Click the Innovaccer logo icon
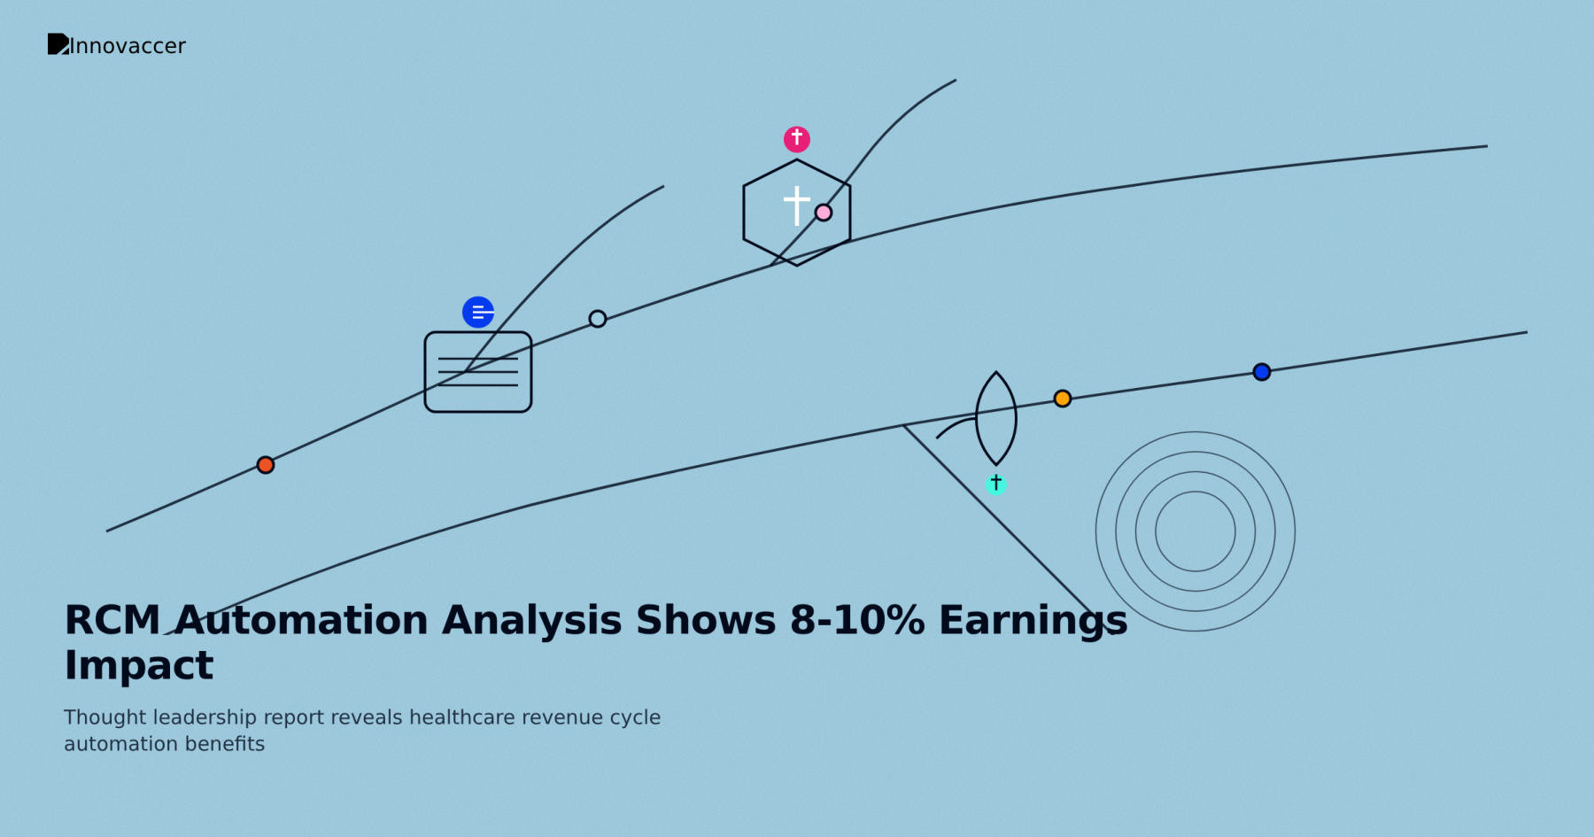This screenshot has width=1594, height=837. pos(58,44)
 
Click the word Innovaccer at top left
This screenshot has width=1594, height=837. pos(128,46)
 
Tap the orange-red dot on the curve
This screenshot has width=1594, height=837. pos(266,465)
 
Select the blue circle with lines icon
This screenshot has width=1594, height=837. pos(478,312)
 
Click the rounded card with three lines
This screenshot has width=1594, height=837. pos(478,372)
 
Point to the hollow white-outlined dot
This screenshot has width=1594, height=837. pos(598,319)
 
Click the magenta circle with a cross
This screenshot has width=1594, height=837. pos(797,139)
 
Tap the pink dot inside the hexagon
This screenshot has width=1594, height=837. pos(824,213)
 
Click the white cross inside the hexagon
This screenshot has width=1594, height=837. pos(797,205)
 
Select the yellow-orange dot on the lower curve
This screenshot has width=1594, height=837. pos(1063,399)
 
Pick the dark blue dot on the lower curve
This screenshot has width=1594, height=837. pos(1262,372)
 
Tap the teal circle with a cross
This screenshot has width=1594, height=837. pos(996,484)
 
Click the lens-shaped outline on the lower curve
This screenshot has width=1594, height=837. pos(996,418)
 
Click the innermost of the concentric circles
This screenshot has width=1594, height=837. pos(1195,531)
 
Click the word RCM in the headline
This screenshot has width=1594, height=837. pos(112,620)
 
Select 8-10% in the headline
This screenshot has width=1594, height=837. pos(857,620)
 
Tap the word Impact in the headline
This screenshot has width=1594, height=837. pos(139,665)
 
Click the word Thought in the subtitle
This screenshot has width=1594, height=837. pos(104,717)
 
